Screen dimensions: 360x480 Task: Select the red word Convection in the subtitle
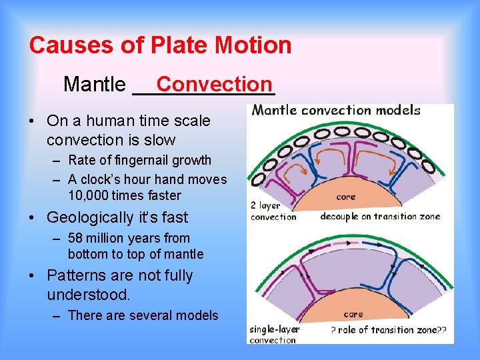tap(214, 84)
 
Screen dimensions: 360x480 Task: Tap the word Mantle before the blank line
tap(94, 85)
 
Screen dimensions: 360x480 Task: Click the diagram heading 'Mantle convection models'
tap(336, 111)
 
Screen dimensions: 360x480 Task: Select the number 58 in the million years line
tap(75, 238)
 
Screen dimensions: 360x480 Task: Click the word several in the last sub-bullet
tap(149, 315)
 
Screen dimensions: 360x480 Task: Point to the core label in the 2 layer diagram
tap(345, 197)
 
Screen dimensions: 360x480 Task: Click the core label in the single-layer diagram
tap(353, 314)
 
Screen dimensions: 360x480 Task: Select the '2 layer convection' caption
tap(273, 211)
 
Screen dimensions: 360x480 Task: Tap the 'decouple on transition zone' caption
tap(377, 216)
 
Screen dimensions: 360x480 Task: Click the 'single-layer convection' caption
tap(273, 335)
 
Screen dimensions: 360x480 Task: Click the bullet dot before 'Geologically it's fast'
tap(33, 218)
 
